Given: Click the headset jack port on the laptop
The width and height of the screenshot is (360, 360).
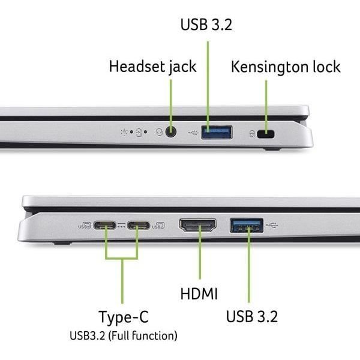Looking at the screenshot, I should pyautogui.click(x=172, y=132).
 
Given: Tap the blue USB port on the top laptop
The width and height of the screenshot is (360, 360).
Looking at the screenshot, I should pyautogui.click(x=216, y=132).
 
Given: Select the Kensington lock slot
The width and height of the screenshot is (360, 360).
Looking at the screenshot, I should pyautogui.click(x=266, y=134).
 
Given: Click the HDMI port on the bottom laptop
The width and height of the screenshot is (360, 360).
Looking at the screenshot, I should pyautogui.click(x=198, y=226).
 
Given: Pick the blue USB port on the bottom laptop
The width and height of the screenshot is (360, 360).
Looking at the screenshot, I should pyautogui.click(x=247, y=226).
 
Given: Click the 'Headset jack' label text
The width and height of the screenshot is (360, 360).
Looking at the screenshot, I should pyautogui.click(x=152, y=67).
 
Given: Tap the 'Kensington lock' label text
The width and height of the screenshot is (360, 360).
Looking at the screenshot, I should pyautogui.click(x=286, y=67).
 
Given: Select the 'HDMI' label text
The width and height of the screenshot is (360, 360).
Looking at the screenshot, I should pyautogui.click(x=199, y=294).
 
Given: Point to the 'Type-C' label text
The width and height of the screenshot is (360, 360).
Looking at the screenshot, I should pyautogui.click(x=122, y=317).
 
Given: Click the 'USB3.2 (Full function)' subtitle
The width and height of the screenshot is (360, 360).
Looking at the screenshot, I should pyautogui.click(x=122, y=335).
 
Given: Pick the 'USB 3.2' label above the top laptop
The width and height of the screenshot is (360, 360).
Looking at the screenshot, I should pyautogui.click(x=206, y=25).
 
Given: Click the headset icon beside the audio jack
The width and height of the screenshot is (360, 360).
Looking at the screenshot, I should pyautogui.click(x=160, y=132).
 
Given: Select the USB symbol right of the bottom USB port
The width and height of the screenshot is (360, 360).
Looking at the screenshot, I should pyautogui.click(x=273, y=226).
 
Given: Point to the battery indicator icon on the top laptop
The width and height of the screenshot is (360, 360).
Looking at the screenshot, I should pyautogui.click(x=139, y=132).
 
